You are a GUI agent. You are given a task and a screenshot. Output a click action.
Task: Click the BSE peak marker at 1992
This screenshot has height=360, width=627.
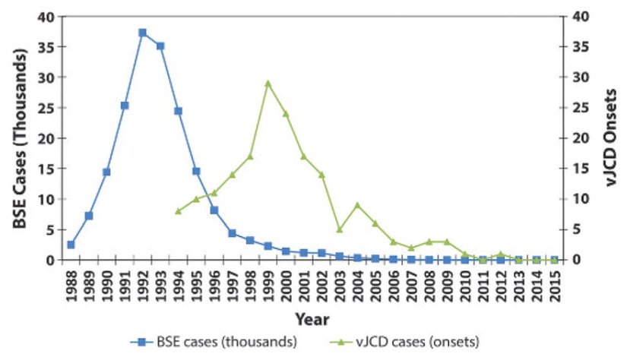tap(142, 33)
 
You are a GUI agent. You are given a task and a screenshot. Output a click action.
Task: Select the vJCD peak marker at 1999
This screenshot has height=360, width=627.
tap(268, 83)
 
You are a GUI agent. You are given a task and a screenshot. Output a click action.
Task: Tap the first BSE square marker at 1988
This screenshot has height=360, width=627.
tap(71, 245)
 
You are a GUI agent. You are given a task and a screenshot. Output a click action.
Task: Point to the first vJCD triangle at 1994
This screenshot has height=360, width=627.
tap(178, 211)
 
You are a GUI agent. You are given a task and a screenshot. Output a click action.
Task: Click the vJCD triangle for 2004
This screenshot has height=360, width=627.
tap(357, 205)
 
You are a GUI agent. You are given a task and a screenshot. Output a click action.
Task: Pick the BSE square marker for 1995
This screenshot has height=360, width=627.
tap(196, 171)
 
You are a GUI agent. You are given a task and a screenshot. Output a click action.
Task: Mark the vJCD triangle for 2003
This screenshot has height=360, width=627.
tap(340, 229)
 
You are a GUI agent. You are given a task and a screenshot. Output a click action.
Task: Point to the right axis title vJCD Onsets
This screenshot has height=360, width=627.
tap(608, 137)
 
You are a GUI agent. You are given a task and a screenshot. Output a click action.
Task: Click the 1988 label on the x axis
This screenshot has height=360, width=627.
tap(71, 283)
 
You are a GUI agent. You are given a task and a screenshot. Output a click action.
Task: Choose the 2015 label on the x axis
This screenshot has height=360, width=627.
tap(555, 283)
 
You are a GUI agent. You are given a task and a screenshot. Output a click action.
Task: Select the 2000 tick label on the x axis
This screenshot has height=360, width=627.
tap(286, 283)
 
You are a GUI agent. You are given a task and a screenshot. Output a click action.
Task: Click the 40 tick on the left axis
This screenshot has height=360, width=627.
tap(48, 17)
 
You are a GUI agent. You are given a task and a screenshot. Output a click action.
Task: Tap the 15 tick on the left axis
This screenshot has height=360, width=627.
tap(48, 169)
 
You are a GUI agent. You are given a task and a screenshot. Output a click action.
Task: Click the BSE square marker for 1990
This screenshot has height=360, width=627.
tap(106, 172)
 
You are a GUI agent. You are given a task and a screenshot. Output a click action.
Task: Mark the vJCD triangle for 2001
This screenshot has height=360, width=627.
tap(303, 156)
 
